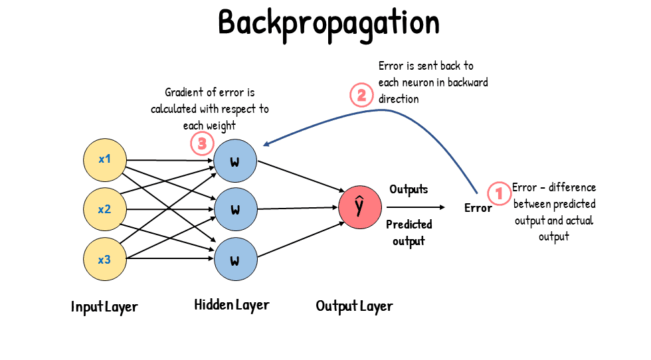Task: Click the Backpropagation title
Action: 329,23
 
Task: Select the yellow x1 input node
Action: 104,160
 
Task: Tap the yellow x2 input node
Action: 104,210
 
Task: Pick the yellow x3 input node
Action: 104,260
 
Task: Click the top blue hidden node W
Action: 234,160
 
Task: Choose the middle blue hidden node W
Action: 234,210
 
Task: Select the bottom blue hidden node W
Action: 234,260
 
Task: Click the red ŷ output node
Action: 359,207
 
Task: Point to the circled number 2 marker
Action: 361,96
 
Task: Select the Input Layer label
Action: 104,307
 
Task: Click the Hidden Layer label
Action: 232,305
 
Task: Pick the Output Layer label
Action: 354,306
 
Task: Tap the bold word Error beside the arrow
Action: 478,209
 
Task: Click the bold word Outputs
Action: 409,190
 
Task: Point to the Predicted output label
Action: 409,232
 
